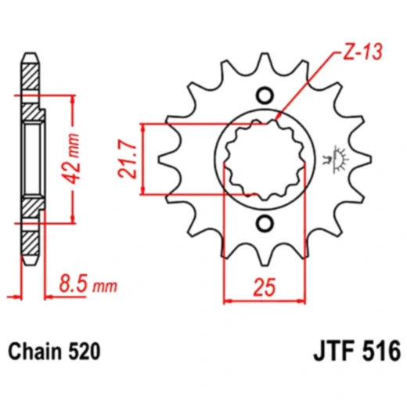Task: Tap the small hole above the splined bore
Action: coord(265,97)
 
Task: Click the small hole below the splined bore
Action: coord(265,225)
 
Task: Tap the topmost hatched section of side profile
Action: coord(30,75)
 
